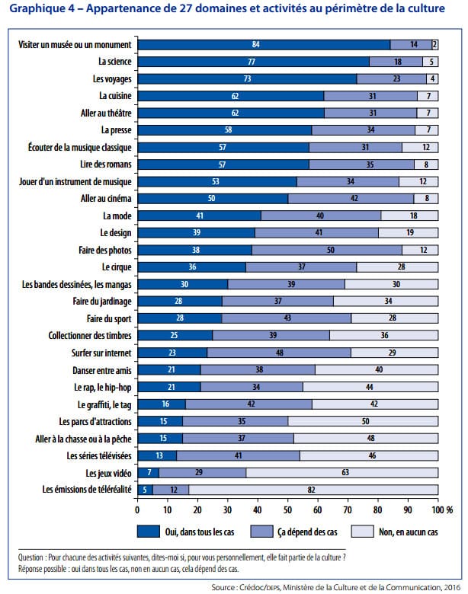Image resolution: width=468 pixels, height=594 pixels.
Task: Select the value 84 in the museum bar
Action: [x=255, y=45]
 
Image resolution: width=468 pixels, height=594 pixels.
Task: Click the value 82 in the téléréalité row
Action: [x=312, y=489]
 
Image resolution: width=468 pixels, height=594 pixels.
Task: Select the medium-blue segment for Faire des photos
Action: [x=327, y=250]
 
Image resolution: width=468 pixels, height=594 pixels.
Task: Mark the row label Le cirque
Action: [x=117, y=267]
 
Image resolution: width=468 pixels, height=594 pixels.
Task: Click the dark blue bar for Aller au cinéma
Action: [x=213, y=199]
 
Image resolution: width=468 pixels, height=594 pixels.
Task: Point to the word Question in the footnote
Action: [x=34, y=557]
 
